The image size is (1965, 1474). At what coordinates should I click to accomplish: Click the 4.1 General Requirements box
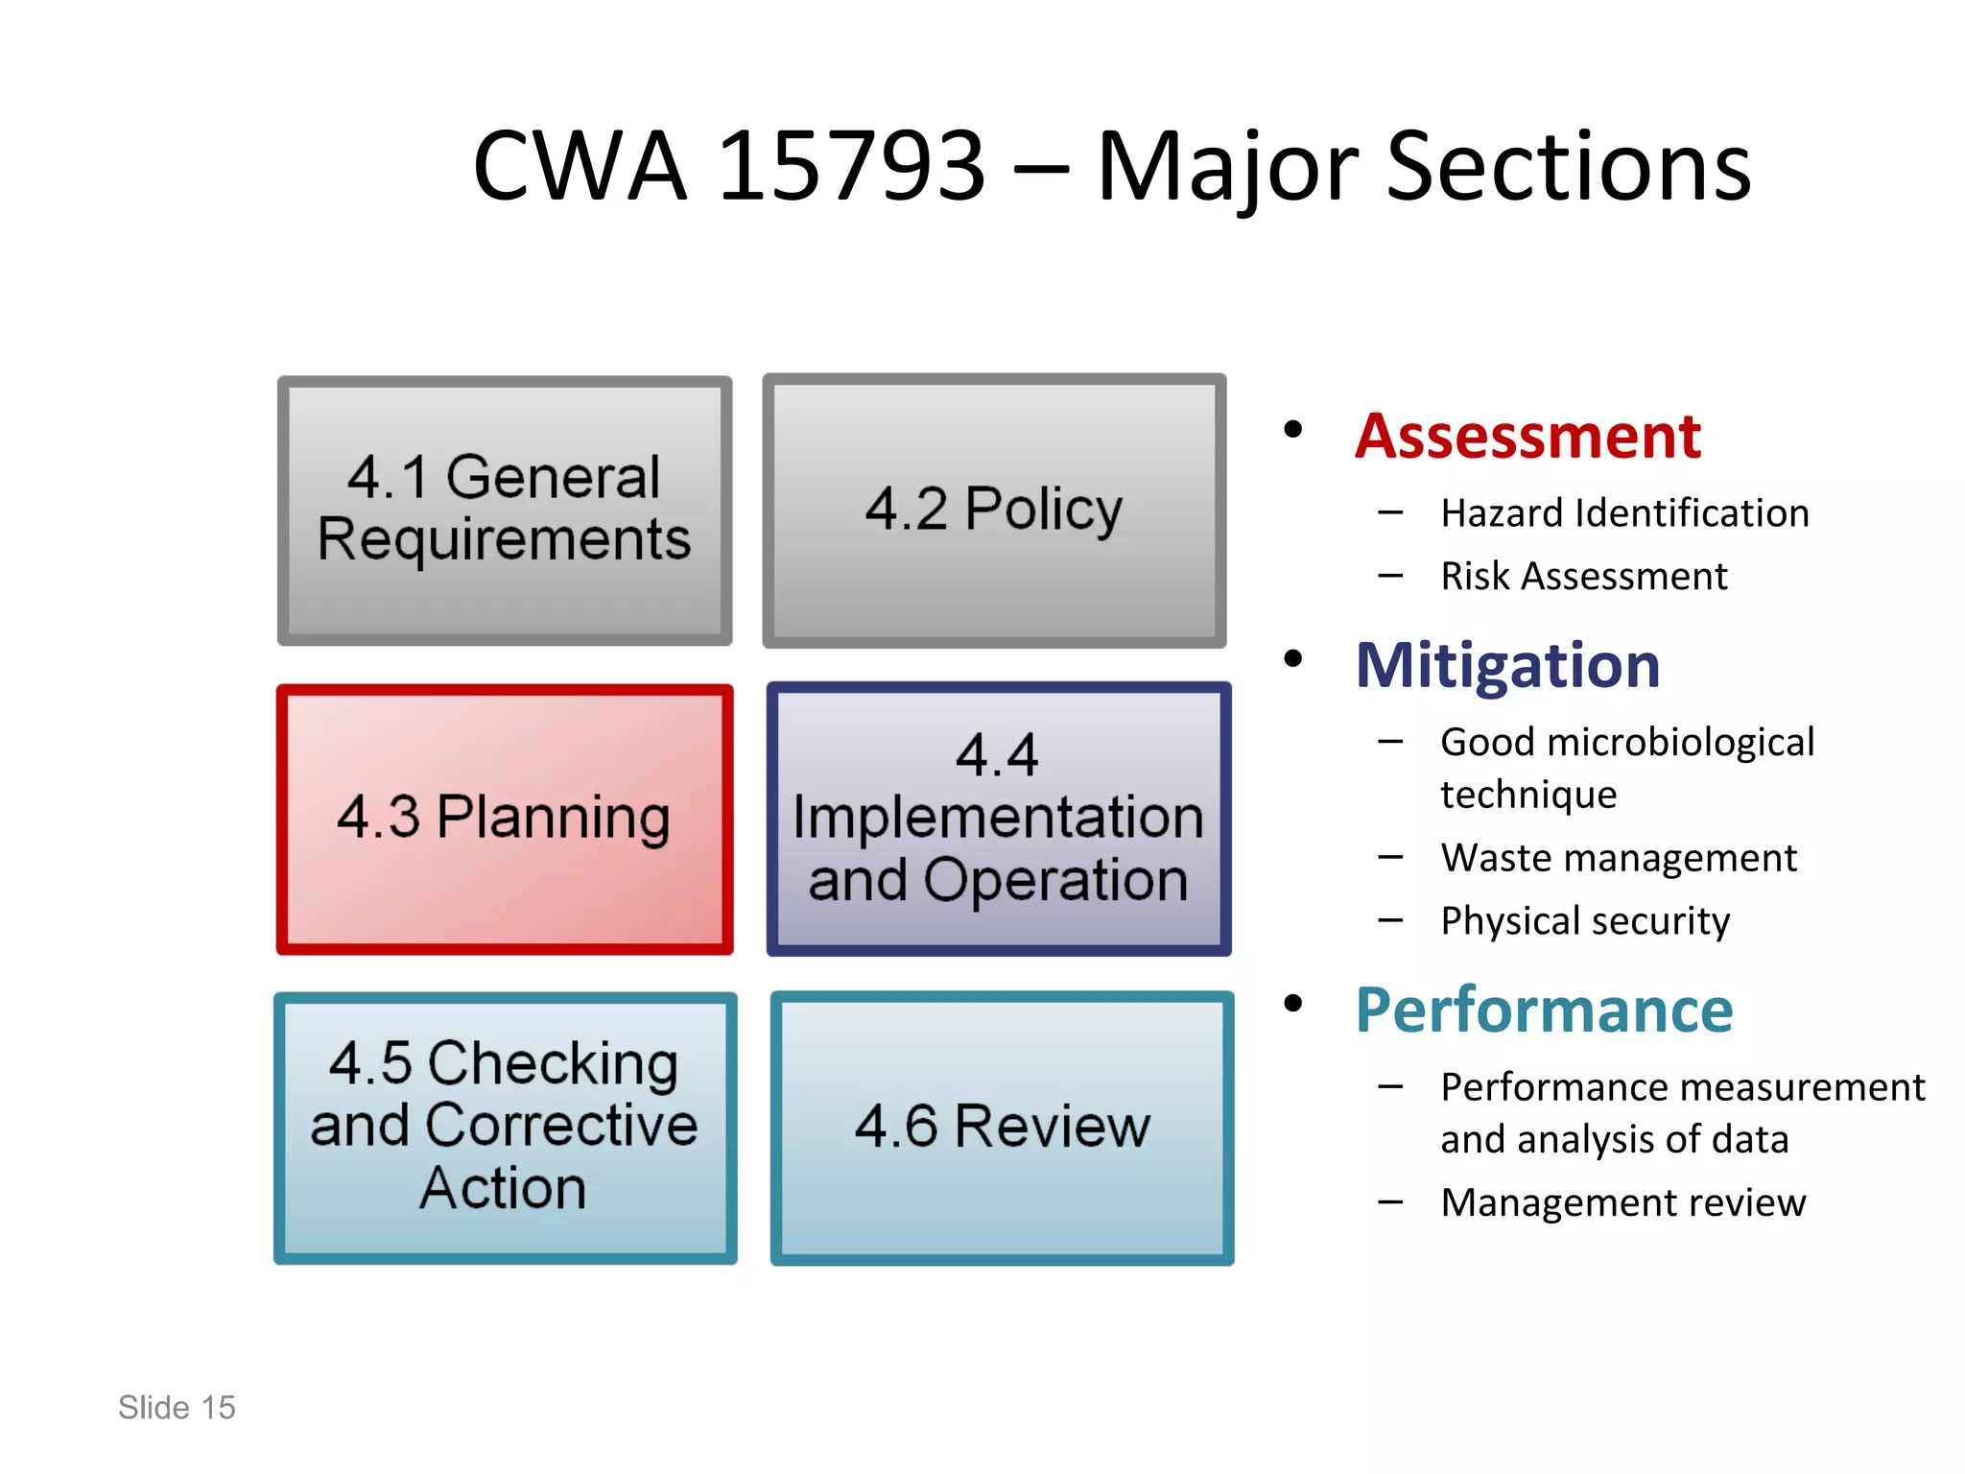click(x=505, y=510)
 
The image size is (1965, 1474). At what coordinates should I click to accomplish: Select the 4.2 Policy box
click(x=994, y=510)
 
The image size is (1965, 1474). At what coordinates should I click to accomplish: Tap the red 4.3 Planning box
click(x=505, y=819)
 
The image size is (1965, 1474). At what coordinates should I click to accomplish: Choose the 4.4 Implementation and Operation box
click(x=998, y=819)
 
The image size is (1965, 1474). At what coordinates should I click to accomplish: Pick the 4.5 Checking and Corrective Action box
click(x=505, y=1127)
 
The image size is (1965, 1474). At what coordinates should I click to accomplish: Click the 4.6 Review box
click(x=1002, y=1127)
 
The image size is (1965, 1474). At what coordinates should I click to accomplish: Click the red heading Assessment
click(x=1527, y=437)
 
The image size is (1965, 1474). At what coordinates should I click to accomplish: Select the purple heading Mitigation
click(x=1507, y=665)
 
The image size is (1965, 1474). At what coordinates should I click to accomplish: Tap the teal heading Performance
click(x=1544, y=1010)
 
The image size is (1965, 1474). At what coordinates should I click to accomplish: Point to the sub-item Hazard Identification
click(x=1624, y=513)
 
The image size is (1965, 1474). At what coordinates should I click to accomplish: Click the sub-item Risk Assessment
click(x=1583, y=577)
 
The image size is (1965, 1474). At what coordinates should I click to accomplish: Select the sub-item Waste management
click(x=1619, y=858)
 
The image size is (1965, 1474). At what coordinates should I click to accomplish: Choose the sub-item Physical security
click(x=1585, y=921)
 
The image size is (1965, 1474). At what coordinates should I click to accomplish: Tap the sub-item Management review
click(x=1623, y=1202)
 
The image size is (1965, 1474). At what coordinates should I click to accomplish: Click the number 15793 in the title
click(x=851, y=167)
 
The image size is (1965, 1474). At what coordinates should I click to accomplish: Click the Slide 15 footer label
click(x=177, y=1408)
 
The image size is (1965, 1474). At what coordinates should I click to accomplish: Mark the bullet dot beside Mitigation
click(x=1293, y=658)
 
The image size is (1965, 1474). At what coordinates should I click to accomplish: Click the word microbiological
click(x=1680, y=743)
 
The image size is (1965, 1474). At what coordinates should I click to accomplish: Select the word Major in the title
click(x=1228, y=169)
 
